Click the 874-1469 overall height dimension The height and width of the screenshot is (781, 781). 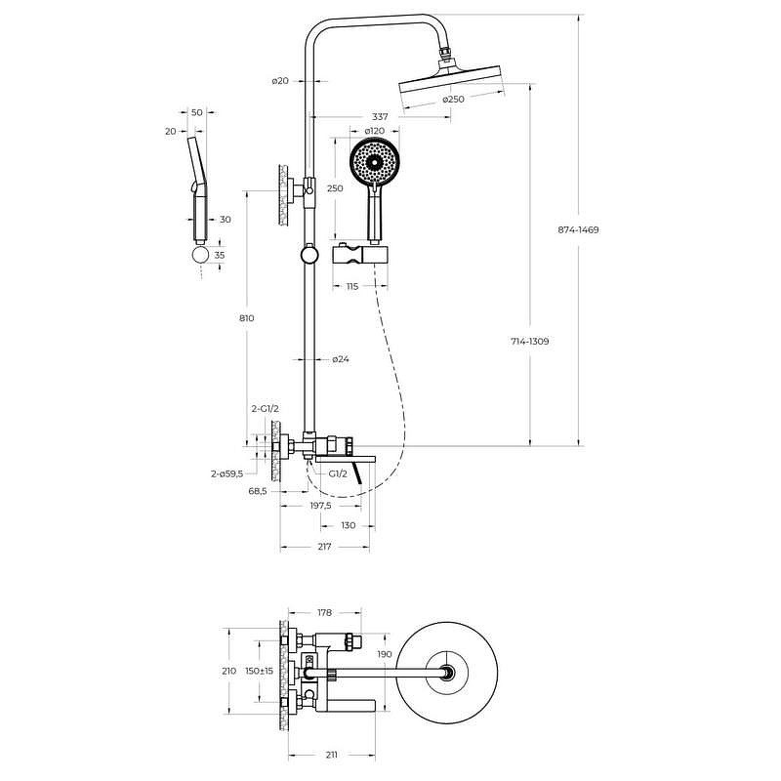pyautogui.click(x=578, y=230)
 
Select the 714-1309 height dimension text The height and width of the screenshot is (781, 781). pyautogui.click(x=530, y=342)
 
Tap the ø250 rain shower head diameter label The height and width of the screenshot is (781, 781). pyautogui.click(x=453, y=100)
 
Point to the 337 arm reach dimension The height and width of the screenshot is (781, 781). pyautogui.click(x=380, y=117)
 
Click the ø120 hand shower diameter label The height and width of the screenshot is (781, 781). pyautogui.click(x=375, y=131)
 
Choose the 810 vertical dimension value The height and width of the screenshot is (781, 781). pyautogui.click(x=247, y=318)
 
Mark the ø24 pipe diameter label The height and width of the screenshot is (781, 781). pyautogui.click(x=341, y=359)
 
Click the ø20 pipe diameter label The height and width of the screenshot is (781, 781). pyautogui.click(x=280, y=81)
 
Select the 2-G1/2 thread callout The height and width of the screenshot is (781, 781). pyautogui.click(x=265, y=409)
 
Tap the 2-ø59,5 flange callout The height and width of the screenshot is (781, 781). pyautogui.click(x=227, y=473)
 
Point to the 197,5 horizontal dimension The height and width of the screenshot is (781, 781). pyautogui.click(x=321, y=506)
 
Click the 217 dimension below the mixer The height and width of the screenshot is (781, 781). pyautogui.click(x=324, y=547)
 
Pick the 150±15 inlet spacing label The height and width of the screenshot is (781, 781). pyautogui.click(x=259, y=671)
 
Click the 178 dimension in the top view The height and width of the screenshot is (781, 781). pyautogui.click(x=324, y=613)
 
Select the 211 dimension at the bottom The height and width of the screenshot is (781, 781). pyautogui.click(x=331, y=755)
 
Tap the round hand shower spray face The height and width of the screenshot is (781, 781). pyautogui.click(x=375, y=162)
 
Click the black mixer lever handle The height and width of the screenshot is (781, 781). pyautogui.click(x=357, y=473)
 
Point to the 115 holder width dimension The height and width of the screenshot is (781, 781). pyautogui.click(x=352, y=286)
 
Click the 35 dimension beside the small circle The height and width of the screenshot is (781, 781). pyautogui.click(x=219, y=255)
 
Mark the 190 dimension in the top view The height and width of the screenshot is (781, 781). pyautogui.click(x=385, y=654)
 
